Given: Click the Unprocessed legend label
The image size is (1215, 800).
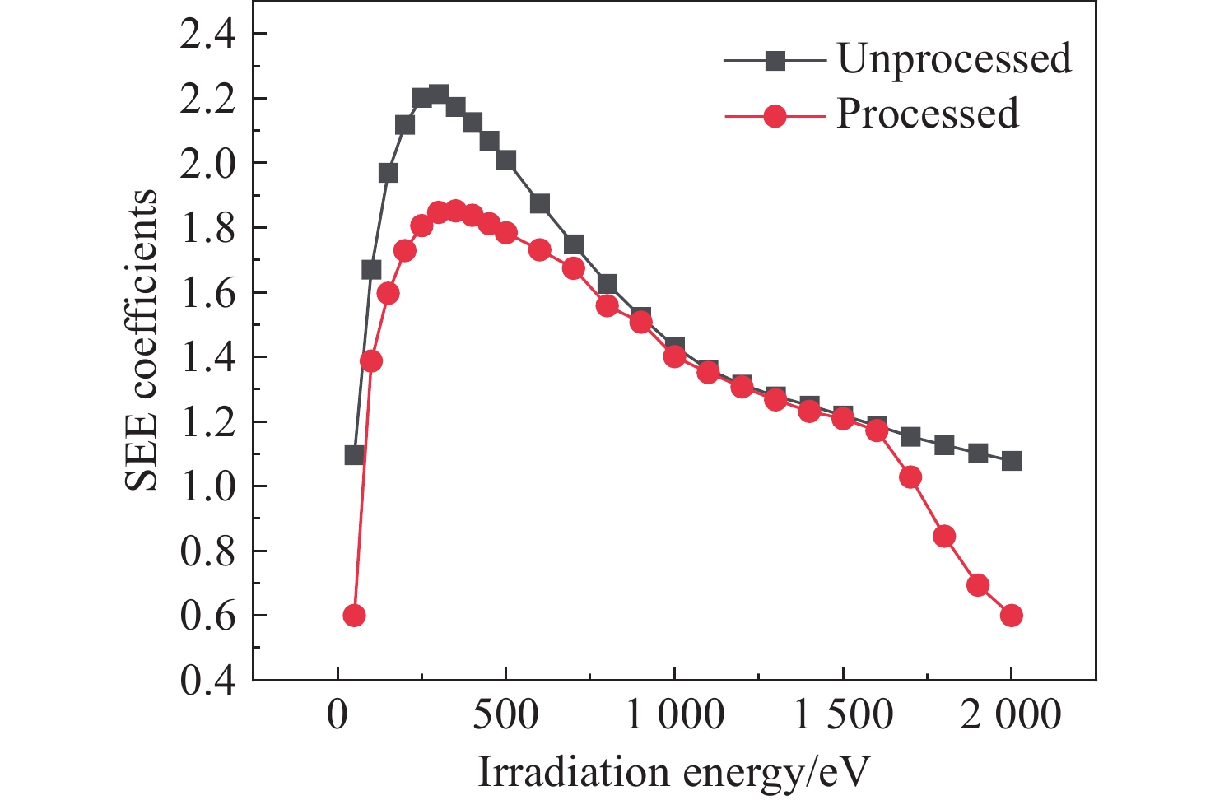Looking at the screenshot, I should coord(954,59).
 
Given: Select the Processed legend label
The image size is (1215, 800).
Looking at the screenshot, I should coord(928,114).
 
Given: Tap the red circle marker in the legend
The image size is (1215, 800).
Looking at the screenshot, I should coord(775,116).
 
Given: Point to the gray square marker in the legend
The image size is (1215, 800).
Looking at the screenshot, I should coord(775,61).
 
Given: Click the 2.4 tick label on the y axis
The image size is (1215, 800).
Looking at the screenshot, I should coord(208,34).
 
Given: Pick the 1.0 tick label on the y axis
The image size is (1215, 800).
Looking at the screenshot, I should coord(208,486).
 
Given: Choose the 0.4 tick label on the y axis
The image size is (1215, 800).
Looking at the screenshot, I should coord(208,681).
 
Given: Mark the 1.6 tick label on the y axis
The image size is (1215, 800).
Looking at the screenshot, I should coord(208,293).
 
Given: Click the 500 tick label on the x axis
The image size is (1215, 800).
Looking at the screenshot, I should coord(505,715).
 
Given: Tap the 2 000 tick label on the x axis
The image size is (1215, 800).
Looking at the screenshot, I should coord(1011,715).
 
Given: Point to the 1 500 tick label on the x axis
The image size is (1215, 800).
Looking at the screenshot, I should coord(842,715).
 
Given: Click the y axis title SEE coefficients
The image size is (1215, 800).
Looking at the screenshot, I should coord(142,339).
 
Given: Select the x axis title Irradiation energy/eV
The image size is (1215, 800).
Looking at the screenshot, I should coord(673,773).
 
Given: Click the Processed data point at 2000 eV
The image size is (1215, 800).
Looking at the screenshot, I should coord(1012,616).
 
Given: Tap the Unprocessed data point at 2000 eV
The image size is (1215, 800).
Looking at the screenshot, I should coord(1012,461).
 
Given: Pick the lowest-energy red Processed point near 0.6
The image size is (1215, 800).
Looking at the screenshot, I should coord(354,616).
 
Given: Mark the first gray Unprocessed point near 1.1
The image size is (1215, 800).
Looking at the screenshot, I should coord(354,455).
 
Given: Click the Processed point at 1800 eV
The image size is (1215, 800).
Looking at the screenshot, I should coord(944,537).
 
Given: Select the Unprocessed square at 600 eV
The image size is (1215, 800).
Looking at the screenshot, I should coord(540,204).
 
